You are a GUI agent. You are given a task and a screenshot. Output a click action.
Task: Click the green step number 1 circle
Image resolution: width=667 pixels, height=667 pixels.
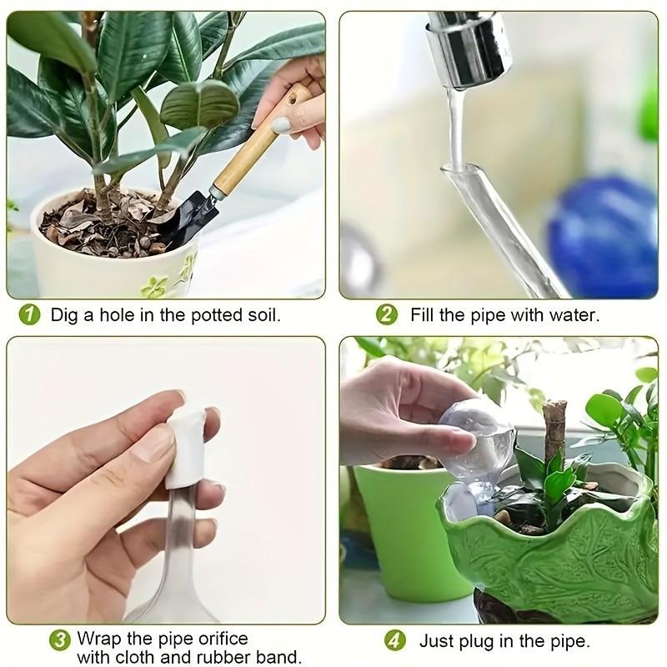(30, 315)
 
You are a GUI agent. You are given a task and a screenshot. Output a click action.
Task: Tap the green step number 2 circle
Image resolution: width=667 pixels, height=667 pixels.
(386, 315)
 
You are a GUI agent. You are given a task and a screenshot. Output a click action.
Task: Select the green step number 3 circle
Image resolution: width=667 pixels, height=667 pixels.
(59, 639)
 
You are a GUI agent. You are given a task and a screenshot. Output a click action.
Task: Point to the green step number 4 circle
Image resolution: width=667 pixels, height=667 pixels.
(395, 640)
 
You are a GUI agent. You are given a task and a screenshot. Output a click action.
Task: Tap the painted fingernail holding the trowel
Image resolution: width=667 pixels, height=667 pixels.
(281, 125)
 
